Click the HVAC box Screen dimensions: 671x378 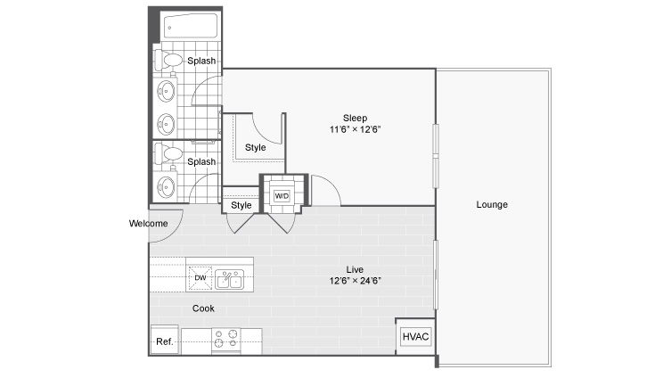[x=415, y=336]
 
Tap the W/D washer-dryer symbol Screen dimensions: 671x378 [x=282, y=196]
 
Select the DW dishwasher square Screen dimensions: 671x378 [x=200, y=278]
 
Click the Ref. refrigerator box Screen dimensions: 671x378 [x=165, y=341]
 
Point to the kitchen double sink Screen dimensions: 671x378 [x=229, y=280]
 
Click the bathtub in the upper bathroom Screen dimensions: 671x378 [x=191, y=27]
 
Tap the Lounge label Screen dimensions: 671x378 [x=492, y=205]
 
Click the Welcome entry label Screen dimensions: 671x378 [x=148, y=224]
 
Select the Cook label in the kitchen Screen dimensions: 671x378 [x=203, y=308]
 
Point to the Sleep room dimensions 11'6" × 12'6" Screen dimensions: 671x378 [x=355, y=129]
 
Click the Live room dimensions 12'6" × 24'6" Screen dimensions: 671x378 [x=355, y=281]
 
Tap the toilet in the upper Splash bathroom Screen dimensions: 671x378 [x=168, y=60]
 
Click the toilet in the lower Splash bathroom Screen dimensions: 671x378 [x=168, y=153]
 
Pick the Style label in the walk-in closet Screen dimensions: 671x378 [x=256, y=147]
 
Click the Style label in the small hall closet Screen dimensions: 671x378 [x=241, y=205]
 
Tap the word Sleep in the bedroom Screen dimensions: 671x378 [x=355, y=118]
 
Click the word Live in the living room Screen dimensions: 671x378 [x=355, y=269]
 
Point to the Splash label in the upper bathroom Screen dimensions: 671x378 [x=201, y=61]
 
